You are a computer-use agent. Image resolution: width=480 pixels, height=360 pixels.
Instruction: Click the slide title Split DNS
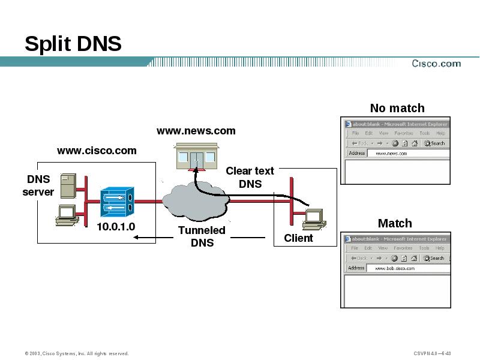point(73,44)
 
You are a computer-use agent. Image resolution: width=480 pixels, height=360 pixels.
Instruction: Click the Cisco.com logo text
point(436,64)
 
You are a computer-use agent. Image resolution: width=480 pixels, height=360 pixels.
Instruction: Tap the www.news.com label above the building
point(196,131)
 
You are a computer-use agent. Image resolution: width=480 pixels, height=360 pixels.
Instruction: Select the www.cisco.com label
point(97,151)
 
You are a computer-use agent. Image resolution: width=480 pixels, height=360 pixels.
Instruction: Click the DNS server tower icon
point(68,185)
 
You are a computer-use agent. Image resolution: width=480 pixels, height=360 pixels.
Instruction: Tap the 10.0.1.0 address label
point(116,227)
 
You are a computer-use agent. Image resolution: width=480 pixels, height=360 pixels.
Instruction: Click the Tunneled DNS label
point(202,236)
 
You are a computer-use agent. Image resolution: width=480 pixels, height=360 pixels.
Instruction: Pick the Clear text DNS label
point(250,178)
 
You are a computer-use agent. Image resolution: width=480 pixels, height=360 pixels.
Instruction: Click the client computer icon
point(313,219)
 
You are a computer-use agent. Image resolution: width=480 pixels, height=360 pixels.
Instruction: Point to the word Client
point(298,238)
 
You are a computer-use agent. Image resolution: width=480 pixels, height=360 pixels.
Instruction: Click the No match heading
point(397,108)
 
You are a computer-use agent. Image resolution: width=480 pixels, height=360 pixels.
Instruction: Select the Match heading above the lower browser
point(394,223)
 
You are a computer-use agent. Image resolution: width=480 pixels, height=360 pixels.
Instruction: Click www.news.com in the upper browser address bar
point(391,154)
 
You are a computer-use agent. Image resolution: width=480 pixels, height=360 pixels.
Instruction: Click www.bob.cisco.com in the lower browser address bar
point(395,268)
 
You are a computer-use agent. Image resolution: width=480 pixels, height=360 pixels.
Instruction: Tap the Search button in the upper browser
point(434,143)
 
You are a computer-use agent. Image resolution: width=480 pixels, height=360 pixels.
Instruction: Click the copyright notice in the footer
point(76,353)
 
